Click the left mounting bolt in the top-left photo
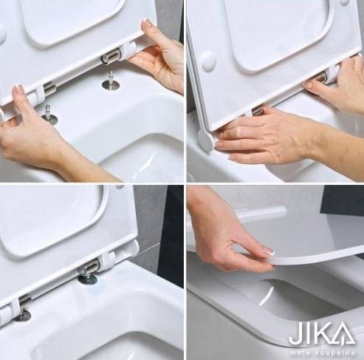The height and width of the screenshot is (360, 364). click(x=49, y=116)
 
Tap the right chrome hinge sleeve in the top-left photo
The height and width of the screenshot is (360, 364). click(x=113, y=57)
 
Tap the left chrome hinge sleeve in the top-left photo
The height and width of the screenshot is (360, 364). click(x=49, y=87)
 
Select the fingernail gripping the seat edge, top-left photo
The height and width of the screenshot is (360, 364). click(x=147, y=22)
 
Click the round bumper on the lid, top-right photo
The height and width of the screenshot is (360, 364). click(x=207, y=61)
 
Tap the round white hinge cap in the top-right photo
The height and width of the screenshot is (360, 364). click(x=205, y=141)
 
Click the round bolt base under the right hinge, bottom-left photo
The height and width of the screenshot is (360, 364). click(x=88, y=279)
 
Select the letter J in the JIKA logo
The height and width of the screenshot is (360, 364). click(x=295, y=334)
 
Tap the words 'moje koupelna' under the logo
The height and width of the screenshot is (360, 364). click(x=323, y=353)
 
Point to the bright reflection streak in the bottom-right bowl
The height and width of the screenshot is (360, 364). click(x=267, y=294)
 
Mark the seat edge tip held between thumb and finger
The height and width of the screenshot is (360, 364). click(x=271, y=261)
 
